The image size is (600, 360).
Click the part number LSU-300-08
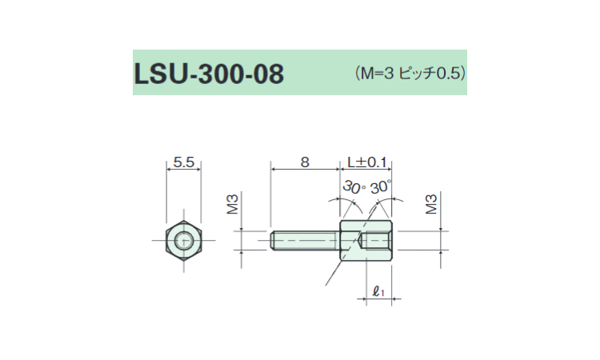click(x=209, y=74)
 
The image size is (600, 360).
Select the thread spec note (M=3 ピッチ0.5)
click(x=410, y=73)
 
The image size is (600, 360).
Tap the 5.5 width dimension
click(x=184, y=162)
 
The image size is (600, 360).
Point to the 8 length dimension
click(x=305, y=162)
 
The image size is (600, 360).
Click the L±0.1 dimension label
click(x=367, y=162)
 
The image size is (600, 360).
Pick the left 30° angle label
click(x=354, y=187)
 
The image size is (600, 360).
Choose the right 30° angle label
click(x=381, y=187)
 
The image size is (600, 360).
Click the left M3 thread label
click(x=233, y=204)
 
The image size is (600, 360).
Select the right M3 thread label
click(x=431, y=204)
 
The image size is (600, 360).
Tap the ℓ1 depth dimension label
click(x=378, y=292)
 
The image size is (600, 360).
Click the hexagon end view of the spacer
click(x=184, y=241)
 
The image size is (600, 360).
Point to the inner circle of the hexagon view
click(x=184, y=241)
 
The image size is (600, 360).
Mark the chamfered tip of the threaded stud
click(x=273, y=241)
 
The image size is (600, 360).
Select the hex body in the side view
click(x=366, y=241)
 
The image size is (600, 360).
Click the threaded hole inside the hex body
click(x=376, y=241)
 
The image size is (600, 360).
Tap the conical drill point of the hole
click(x=362, y=241)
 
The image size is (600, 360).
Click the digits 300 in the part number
click(x=221, y=74)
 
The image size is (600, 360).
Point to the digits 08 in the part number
click(x=268, y=74)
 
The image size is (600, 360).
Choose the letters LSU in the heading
click(x=162, y=74)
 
